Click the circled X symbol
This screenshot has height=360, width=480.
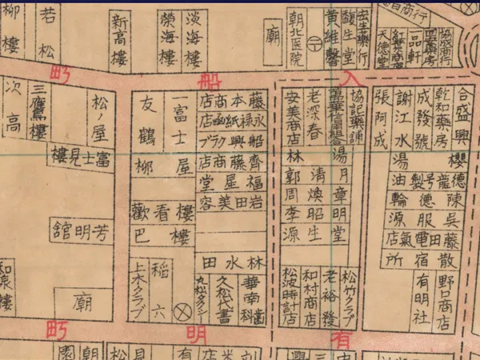coord(180,306)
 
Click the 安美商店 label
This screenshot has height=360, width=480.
coord(292,120)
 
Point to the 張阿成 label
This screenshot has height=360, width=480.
coord(381,121)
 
